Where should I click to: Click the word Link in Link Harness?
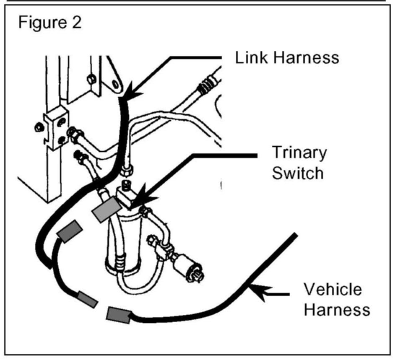[250, 57]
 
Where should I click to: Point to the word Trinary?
[299, 153]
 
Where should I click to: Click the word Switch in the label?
[298, 173]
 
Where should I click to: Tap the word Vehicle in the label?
[333, 289]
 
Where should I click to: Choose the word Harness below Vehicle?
[337, 310]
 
